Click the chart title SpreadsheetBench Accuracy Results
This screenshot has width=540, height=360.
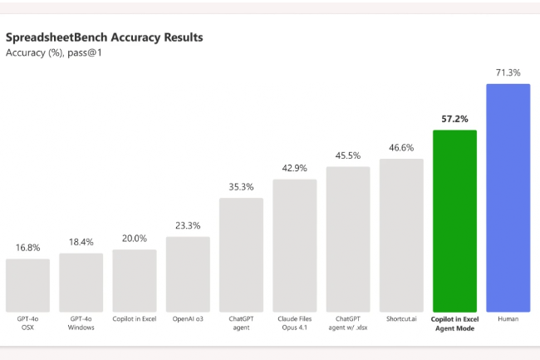point(104,37)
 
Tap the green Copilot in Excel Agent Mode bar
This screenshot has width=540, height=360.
point(454,220)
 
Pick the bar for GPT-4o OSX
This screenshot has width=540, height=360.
point(27,285)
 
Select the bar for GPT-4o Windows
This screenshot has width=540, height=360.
point(81,283)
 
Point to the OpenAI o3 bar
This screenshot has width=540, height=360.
point(188,274)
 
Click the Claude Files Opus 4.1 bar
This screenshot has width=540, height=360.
point(294,245)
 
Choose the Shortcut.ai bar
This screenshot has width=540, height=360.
point(401,235)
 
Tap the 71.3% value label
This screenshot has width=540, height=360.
point(508,73)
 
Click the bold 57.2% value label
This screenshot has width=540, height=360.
point(454,119)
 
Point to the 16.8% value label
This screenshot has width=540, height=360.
point(27,248)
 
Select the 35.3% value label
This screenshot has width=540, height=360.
point(241,187)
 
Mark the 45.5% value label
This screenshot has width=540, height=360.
point(348,155)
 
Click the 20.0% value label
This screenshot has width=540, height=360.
point(134,239)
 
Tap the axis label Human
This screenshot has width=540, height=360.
point(508,318)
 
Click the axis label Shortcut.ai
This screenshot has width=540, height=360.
point(401,318)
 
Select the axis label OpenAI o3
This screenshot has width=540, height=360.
point(188,318)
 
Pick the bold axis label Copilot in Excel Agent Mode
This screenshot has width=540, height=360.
point(454,323)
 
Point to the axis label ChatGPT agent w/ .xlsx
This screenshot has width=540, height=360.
point(348,323)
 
